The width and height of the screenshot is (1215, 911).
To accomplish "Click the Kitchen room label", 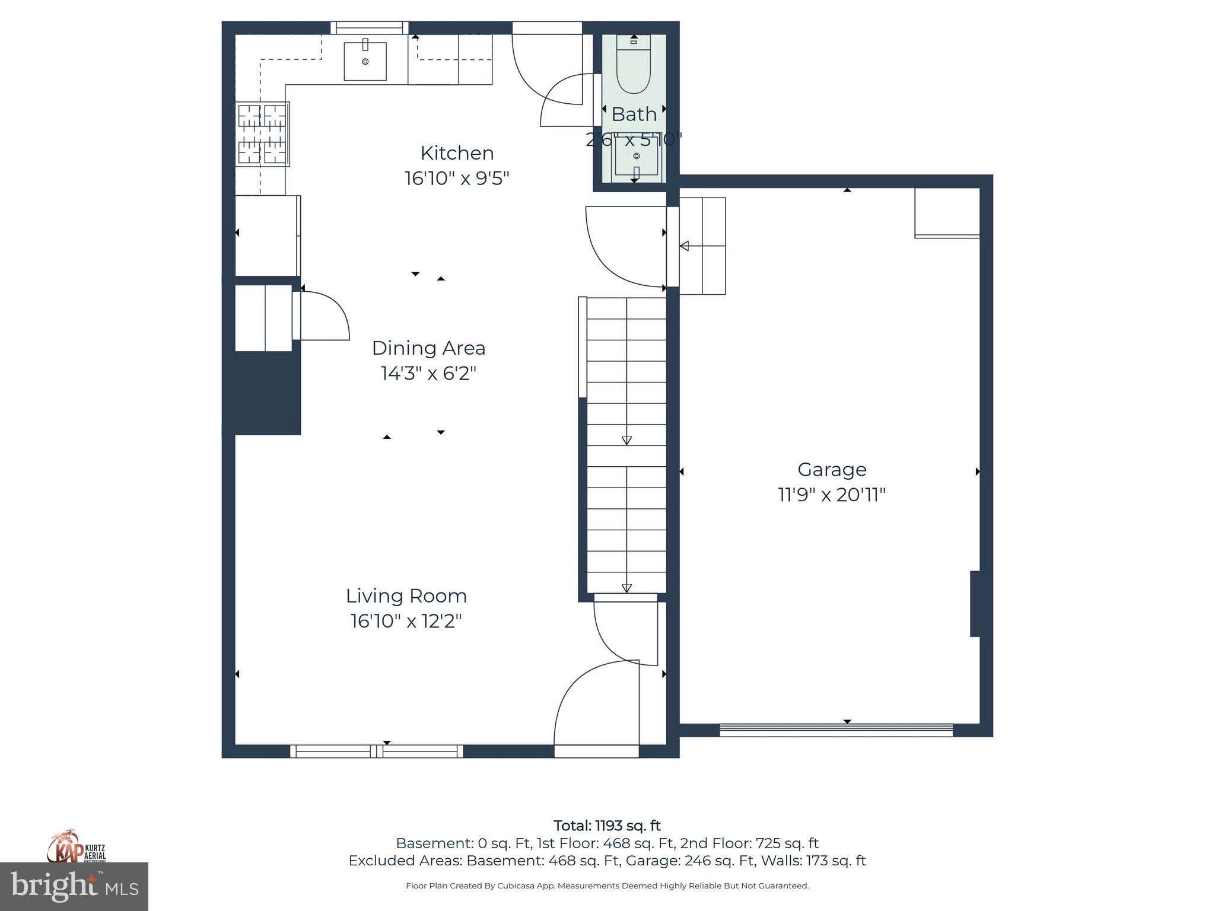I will (x=457, y=153).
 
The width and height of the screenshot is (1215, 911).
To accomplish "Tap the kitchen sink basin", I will (x=365, y=61).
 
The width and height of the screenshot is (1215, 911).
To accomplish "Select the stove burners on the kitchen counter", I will (x=262, y=134).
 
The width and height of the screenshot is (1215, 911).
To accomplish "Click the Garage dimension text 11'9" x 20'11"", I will (x=831, y=495).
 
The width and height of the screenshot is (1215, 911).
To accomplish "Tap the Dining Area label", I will (x=428, y=348).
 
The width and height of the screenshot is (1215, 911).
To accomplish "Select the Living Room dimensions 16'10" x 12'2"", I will (x=406, y=621).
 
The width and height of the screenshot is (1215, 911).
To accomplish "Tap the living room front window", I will (x=377, y=751).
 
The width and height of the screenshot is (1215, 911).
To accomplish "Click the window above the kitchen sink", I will (x=369, y=27).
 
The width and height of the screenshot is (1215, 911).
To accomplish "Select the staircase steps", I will (x=626, y=445).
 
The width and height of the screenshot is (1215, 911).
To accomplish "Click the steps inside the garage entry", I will (x=702, y=246).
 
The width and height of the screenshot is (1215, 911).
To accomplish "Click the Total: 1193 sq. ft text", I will (x=607, y=826).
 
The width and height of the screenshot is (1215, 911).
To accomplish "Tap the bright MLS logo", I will (x=74, y=887).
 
